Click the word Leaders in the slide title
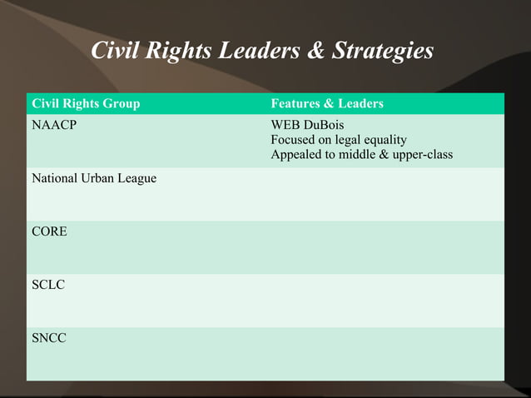click(260, 52)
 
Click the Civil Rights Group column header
click(86, 104)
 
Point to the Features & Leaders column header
click(327, 104)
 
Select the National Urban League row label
click(94, 178)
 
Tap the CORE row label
click(49, 231)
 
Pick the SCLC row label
click(48, 285)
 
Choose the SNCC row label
click(49, 338)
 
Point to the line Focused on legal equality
click(339, 140)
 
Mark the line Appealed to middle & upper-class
click(362, 155)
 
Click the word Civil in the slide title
click(117, 52)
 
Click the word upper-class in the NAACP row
click(422, 155)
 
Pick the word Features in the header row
click(295, 104)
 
